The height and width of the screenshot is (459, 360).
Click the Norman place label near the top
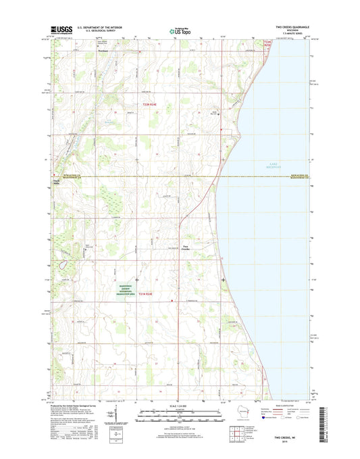(x=102, y=49)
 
